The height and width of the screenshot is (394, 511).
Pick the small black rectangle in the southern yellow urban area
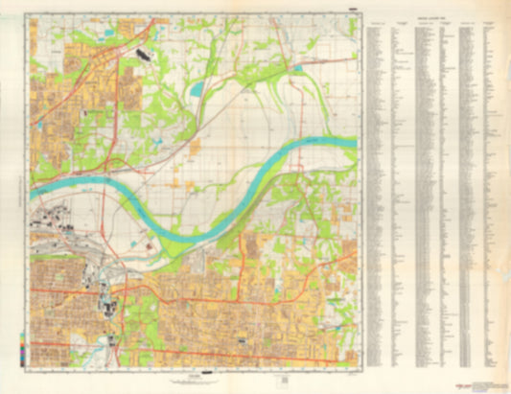(x=242, y=340)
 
